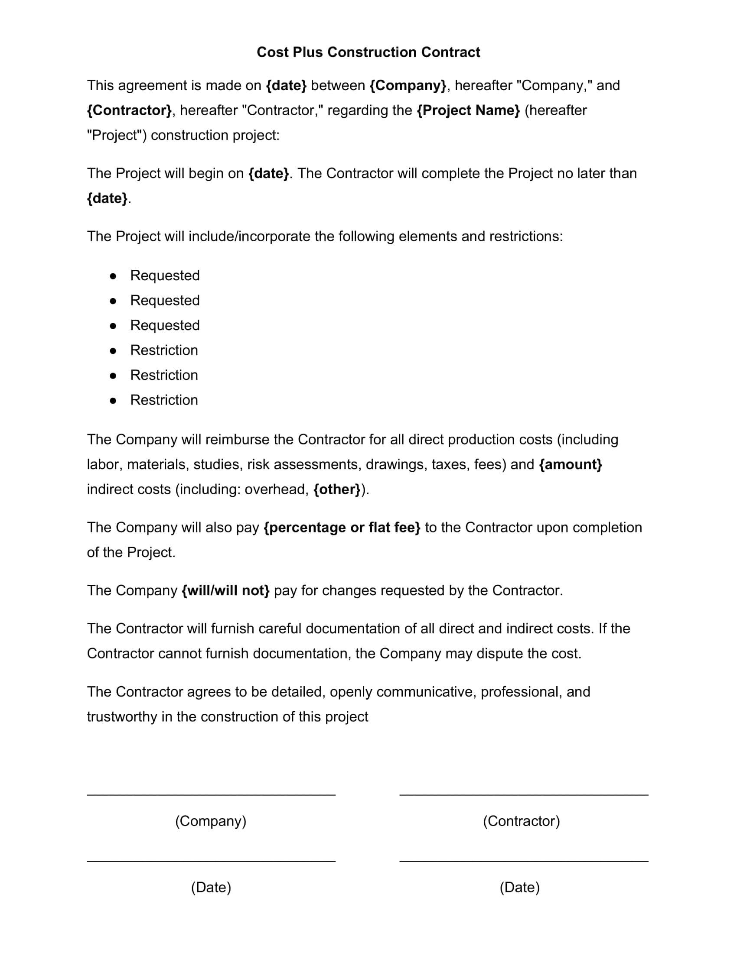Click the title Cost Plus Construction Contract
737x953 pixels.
click(x=368, y=52)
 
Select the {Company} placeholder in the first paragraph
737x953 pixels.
click(x=408, y=85)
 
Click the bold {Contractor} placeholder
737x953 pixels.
click(x=129, y=110)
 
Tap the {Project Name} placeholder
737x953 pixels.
click(x=468, y=110)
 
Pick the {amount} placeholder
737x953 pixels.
click(x=570, y=464)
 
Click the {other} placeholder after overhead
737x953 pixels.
click(x=337, y=489)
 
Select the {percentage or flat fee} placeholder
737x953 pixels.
click(x=342, y=528)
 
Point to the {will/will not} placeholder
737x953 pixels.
click(x=225, y=590)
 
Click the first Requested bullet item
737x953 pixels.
click(x=165, y=276)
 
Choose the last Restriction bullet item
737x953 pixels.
click(x=164, y=400)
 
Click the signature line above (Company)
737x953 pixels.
click(x=211, y=794)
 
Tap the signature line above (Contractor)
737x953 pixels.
click(x=524, y=794)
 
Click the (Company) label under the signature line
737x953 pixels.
click(x=211, y=821)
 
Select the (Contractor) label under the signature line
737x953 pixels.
click(x=521, y=821)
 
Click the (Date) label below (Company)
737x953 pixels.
click(x=211, y=887)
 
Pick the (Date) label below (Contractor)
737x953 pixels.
click(x=519, y=887)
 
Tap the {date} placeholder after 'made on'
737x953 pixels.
click(x=287, y=85)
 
